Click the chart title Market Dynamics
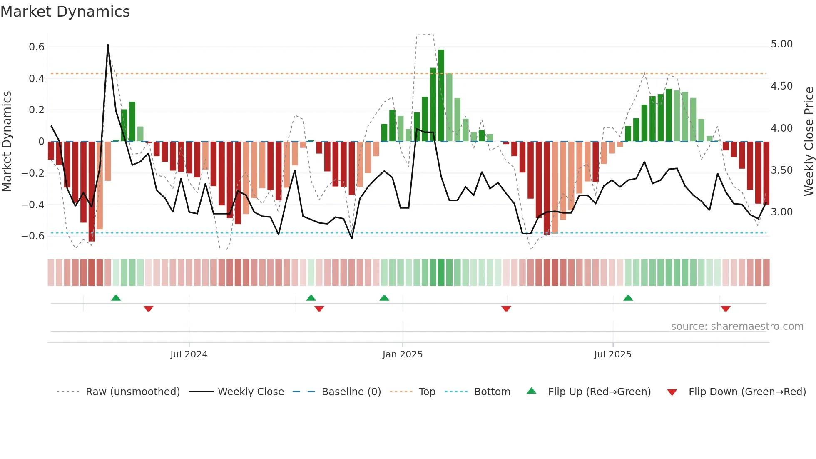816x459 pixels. point(65,12)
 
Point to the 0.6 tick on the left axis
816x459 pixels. point(37,47)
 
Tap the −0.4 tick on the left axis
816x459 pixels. point(33,205)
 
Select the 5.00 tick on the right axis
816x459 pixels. point(781,44)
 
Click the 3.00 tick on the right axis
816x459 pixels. point(781,212)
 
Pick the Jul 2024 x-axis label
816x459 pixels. point(189,354)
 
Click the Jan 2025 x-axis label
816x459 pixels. point(402,354)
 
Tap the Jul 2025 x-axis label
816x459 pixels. point(612,354)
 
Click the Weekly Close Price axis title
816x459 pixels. point(809,141)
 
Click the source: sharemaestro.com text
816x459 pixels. point(737,327)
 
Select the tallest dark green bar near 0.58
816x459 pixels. point(441,96)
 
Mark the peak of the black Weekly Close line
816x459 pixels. point(108,45)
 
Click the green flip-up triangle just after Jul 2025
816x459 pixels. point(628,298)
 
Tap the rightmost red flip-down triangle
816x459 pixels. point(726,309)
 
